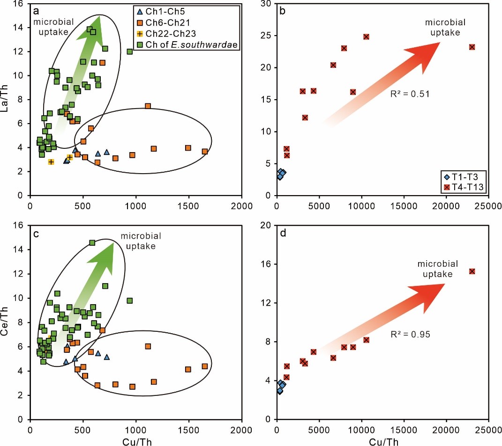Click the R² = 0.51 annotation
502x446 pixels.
(410, 94)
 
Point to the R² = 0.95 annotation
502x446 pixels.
(410, 335)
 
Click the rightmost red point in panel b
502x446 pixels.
(472, 47)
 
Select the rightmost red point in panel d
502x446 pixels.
(472, 271)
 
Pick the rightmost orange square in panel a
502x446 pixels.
(205, 151)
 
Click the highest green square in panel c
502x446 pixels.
(92, 242)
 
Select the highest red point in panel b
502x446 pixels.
(366, 37)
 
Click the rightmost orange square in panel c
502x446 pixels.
(205, 366)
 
